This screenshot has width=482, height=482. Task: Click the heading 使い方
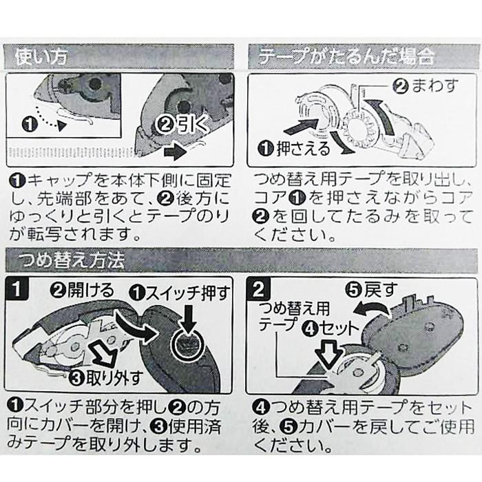click(x=41, y=57)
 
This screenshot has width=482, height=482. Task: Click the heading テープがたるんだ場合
click(x=347, y=56)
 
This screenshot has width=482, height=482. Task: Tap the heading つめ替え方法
click(x=72, y=261)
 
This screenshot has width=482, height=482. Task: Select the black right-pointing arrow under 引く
click(x=176, y=152)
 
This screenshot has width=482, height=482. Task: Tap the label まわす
click(x=434, y=86)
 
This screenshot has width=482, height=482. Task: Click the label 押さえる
click(x=303, y=149)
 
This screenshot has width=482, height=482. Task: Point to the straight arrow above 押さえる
click(x=302, y=127)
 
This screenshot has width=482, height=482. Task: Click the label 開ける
click(x=91, y=290)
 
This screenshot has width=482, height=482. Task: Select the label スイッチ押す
click(x=188, y=293)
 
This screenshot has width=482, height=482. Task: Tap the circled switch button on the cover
click(x=188, y=346)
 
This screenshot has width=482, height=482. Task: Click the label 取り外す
click(x=114, y=378)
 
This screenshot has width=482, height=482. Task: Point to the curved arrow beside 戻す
click(x=372, y=308)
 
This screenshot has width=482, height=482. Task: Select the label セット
click(x=339, y=329)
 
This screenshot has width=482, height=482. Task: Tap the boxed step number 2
click(x=258, y=289)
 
